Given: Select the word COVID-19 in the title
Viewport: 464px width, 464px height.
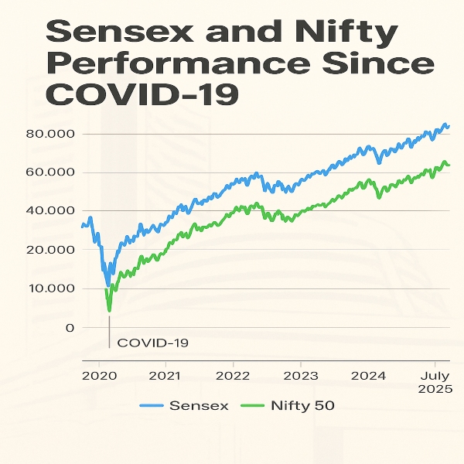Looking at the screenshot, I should pos(143,94).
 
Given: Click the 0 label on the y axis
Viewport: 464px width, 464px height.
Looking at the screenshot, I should pos(70,327).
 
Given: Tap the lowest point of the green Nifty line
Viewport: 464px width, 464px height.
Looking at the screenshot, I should pos(110,310).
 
